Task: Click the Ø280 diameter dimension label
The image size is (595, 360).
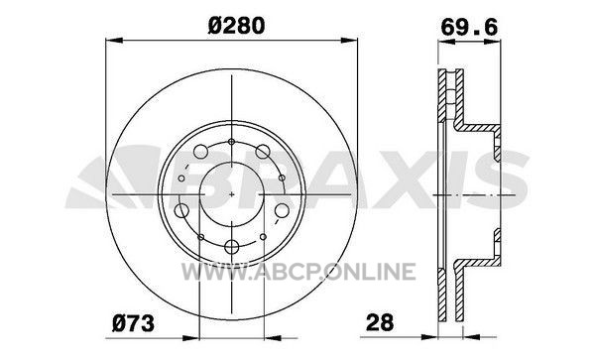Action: pyautogui.click(x=236, y=26)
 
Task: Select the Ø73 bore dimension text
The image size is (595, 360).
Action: pyautogui.click(x=133, y=323)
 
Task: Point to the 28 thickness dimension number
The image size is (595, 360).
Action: pyautogui.click(x=380, y=323)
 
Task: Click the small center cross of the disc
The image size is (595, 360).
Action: pyautogui.click(x=232, y=194)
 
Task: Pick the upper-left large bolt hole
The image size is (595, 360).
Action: pyautogui.click(x=200, y=152)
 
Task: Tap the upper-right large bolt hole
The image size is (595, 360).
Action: pyautogui.click(x=263, y=152)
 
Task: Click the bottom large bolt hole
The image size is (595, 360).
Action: pyautogui.click(x=231, y=247)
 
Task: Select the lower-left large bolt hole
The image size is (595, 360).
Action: pyautogui.click(x=181, y=210)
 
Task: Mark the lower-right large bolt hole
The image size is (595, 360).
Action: pyautogui.click(x=282, y=210)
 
